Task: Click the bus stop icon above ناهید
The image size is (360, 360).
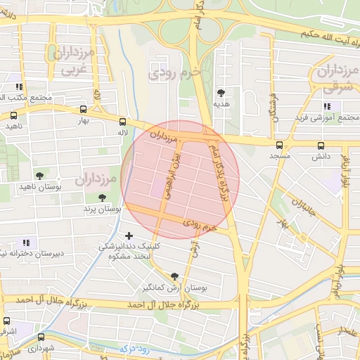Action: click(13, 115)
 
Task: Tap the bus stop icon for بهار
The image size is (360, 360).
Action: click(84, 110)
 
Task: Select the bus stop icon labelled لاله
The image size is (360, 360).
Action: click(123, 121)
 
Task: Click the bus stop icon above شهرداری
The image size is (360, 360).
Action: click(41, 337)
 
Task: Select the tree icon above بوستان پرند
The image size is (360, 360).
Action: click(103, 198)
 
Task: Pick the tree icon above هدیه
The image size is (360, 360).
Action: click(221, 93)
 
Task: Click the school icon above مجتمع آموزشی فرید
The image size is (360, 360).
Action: click(326, 105)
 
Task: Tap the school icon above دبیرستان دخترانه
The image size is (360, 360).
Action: click(27, 243)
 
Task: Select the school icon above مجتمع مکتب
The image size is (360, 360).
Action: click(18, 88)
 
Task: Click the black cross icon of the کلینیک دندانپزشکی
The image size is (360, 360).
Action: click(128, 236)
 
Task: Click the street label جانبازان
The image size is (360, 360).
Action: click(304, 205)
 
